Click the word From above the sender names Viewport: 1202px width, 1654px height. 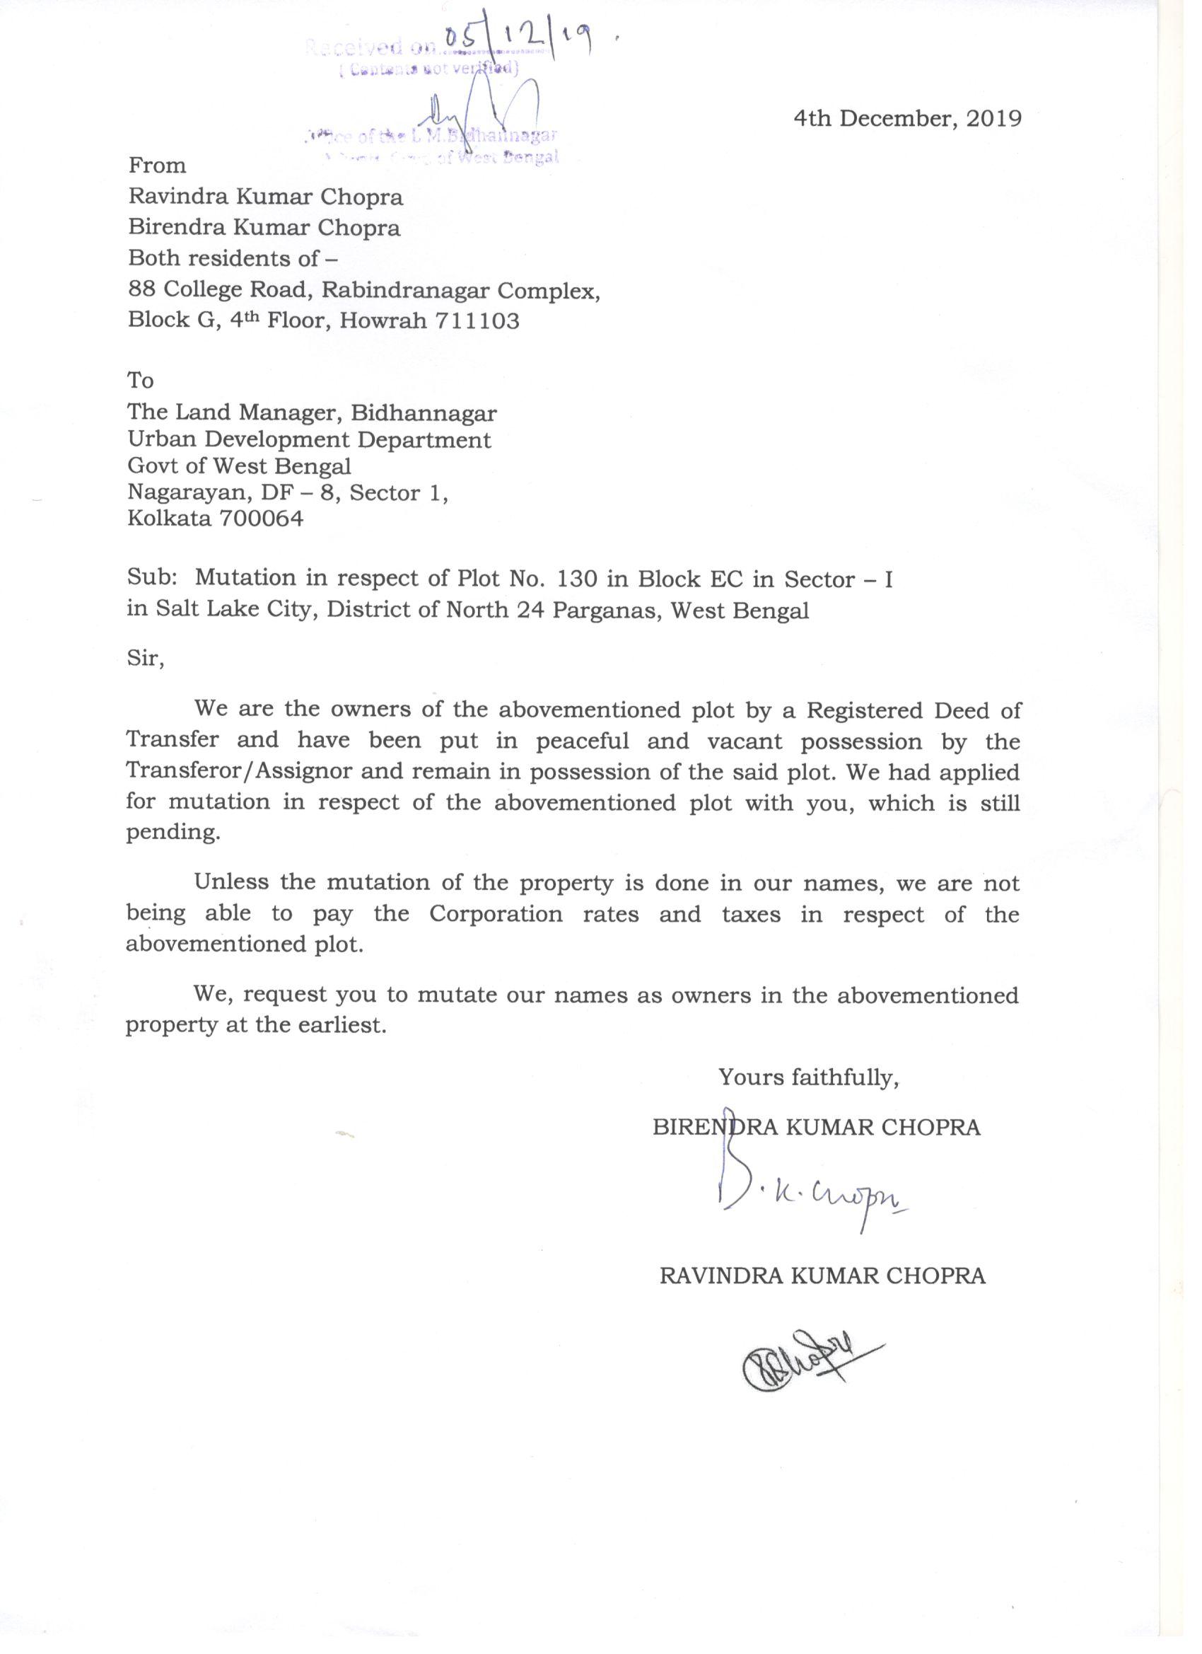point(158,166)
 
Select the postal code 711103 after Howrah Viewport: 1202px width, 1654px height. point(477,322)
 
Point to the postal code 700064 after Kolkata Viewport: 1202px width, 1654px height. point(261,519)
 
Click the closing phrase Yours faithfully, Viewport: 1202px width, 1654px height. point(808,1078)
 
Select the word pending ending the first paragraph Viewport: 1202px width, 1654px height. point(172,833)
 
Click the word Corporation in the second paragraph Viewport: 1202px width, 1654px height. point(496,915)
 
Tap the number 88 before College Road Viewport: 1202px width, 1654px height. point(141,290)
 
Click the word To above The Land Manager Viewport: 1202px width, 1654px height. point(141,381)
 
